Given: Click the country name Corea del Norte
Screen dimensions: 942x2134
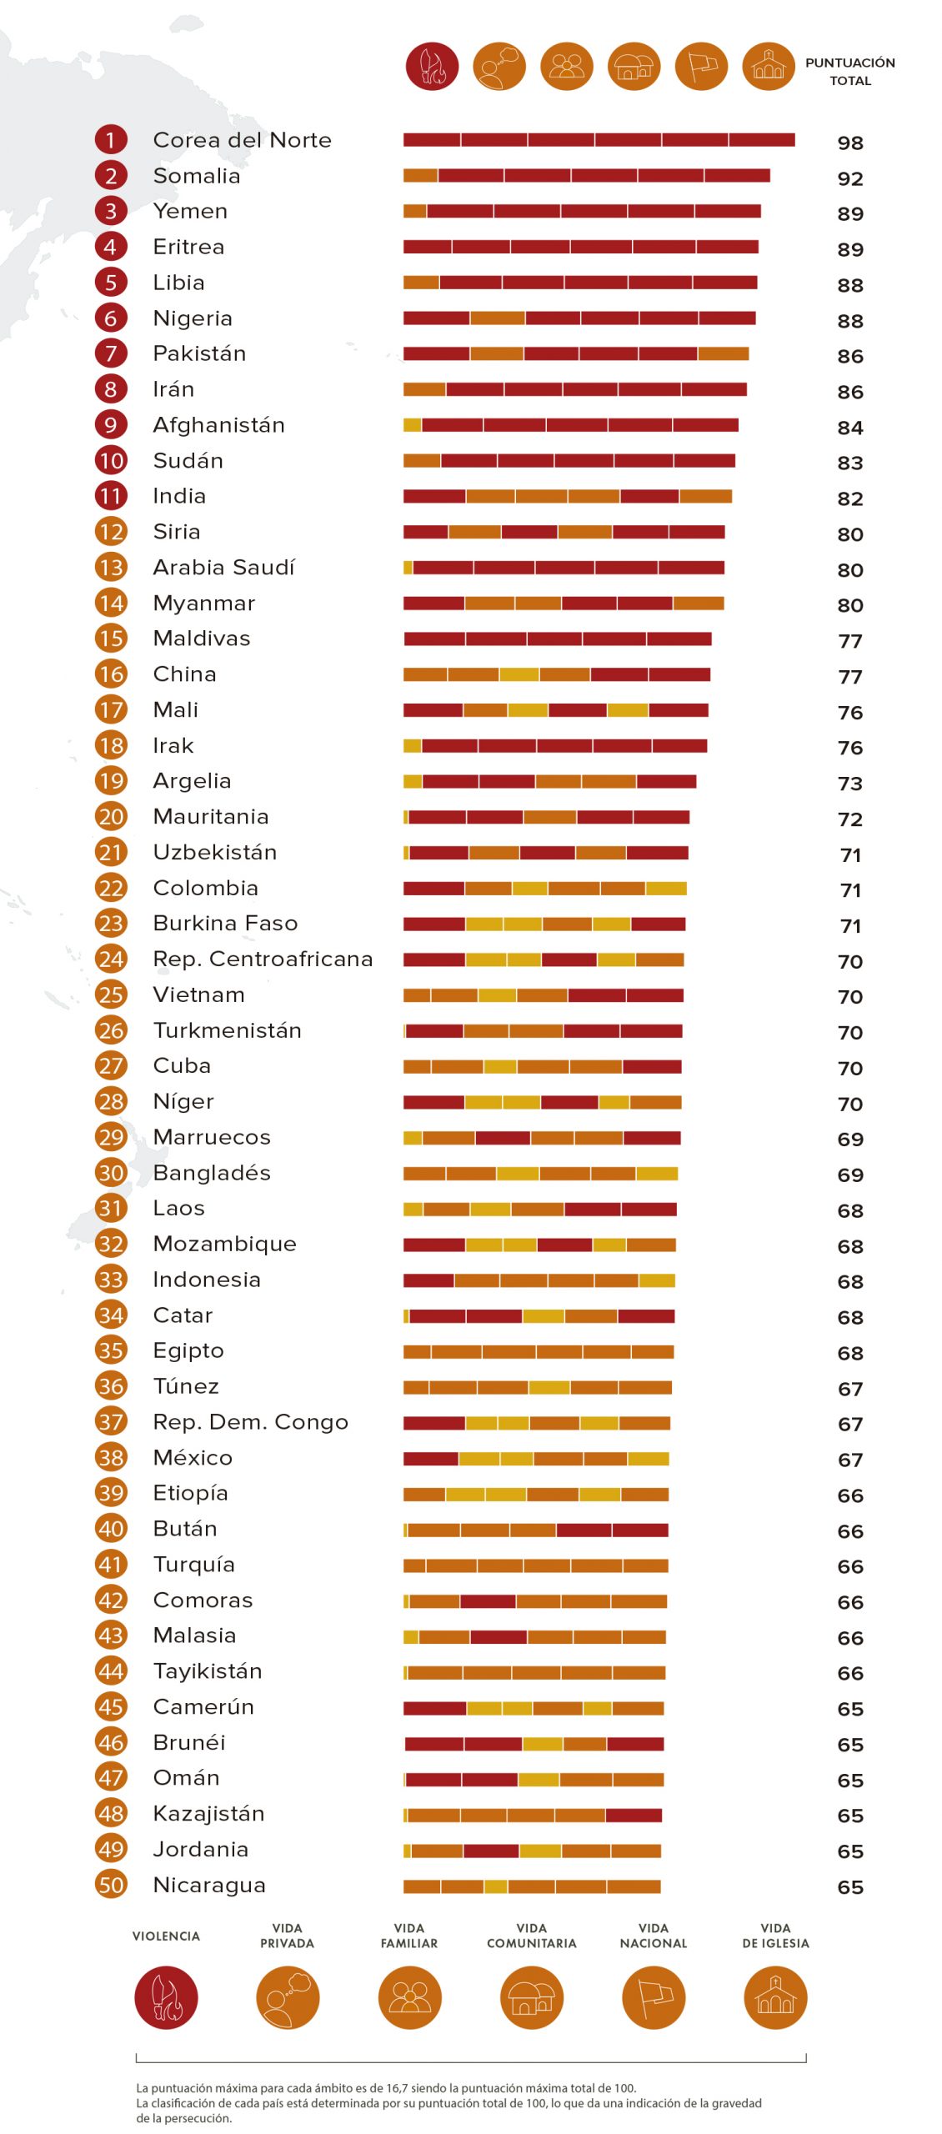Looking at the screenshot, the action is [x=242, y=140].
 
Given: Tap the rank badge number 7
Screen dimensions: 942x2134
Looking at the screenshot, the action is [x=111, y=353].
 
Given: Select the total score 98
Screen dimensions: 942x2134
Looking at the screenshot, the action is [x=850, y=143].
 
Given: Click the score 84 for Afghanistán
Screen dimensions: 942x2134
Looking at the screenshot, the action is [x=850, y=428].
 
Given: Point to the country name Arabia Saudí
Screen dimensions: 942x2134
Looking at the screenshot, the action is [x=223, y=567].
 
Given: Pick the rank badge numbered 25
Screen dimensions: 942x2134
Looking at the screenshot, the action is [x=111, y=994].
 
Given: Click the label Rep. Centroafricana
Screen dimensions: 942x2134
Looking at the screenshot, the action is [x=263, y=959].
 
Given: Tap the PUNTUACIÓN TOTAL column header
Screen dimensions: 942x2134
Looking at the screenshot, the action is [x=850, y=72].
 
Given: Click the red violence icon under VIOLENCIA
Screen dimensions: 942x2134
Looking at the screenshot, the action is [x=166, y=1998].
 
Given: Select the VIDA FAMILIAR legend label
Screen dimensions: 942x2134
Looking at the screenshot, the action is [x=409, y=1936].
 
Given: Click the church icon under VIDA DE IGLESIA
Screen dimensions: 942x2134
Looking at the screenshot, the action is [x=775, y=1998].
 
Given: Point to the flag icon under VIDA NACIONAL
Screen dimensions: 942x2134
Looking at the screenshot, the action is [x=654, y=1998].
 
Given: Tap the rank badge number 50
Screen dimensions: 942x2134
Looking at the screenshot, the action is [x=111, y=1885].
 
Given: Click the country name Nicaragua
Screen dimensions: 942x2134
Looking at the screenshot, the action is [x=209, y=1885].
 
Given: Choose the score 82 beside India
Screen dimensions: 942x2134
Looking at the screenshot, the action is [x=850, y=498].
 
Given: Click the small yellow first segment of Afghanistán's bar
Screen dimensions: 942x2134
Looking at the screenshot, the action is [x=412, y=425].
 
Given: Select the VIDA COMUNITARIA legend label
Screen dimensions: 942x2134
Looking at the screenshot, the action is [x=532, y=1936].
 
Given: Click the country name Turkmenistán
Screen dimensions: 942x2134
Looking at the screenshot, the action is [x=227, y=1030].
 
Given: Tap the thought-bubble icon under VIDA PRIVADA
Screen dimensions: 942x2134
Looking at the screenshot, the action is [x=288, y=1998].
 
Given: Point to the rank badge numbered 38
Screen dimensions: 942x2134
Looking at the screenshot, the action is [x=111, y=1457].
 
